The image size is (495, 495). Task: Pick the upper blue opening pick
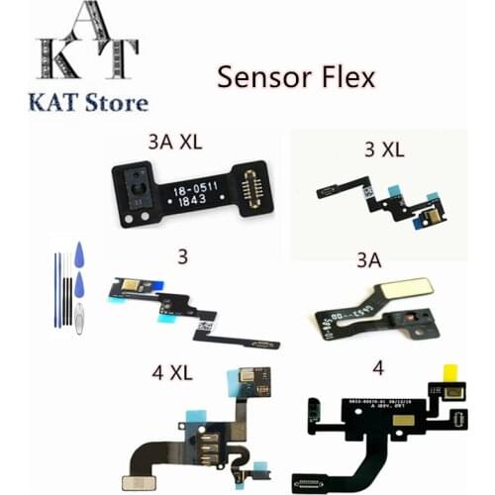78,258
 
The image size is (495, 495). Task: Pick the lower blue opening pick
79,286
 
